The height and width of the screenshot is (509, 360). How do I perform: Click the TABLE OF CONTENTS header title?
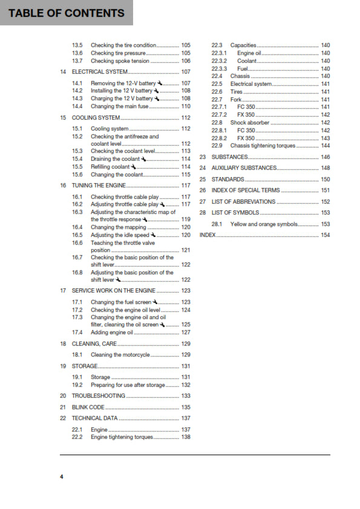(67, 13)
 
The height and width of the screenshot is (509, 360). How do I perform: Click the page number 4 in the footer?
(61, 477)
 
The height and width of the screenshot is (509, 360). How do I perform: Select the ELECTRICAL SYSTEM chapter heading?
(99, 72)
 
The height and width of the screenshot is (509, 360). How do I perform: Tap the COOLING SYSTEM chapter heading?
(96, 117)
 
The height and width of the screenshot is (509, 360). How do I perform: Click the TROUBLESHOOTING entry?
(99, 396)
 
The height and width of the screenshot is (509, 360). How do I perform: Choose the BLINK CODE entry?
(88, 407)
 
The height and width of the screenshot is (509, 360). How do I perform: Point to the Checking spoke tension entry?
(120, 60)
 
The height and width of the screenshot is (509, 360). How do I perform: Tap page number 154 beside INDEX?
(325, 235)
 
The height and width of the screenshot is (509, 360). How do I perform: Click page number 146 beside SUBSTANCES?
(325, 157)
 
